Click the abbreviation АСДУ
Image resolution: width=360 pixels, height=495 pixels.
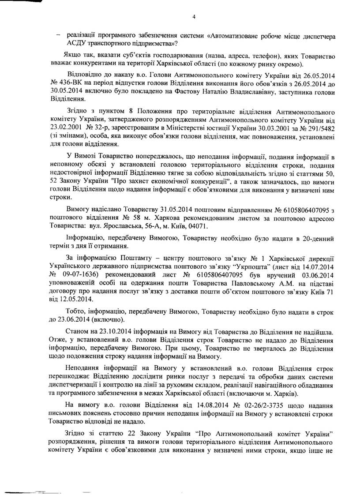tap(77, 43)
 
